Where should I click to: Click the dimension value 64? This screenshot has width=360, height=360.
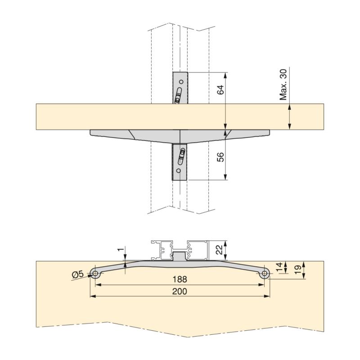click(x=220, y=89)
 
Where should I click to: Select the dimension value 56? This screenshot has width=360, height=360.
click(x=220, y=157)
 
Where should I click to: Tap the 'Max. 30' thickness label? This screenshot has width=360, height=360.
click(x=283, y=85)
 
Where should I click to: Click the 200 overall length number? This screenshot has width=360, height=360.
click(x=180, y=291)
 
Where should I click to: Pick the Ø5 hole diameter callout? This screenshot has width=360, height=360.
click(x=78, y=274)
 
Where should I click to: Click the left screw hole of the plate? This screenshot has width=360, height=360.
click(x=95, y=273)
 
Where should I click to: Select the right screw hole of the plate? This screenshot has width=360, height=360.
click(x=265, y=273)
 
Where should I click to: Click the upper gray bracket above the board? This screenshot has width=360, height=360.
click(x=180, y=88)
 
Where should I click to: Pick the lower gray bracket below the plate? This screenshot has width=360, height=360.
click(x=180, y=162)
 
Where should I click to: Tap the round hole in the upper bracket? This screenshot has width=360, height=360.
click(x=181, y=82)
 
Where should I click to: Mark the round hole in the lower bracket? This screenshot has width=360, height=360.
click(x=179, y=171)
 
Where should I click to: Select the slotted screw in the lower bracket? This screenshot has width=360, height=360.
click(x=182, y=155)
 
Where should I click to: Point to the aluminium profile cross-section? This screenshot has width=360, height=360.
click(x=180, y=250)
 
